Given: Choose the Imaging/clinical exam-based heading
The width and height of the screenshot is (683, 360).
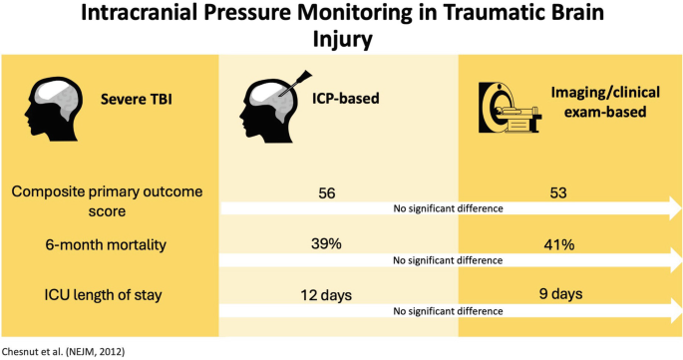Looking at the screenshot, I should point(599,104).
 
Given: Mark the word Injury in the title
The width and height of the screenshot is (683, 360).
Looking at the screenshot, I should point(341,42).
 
